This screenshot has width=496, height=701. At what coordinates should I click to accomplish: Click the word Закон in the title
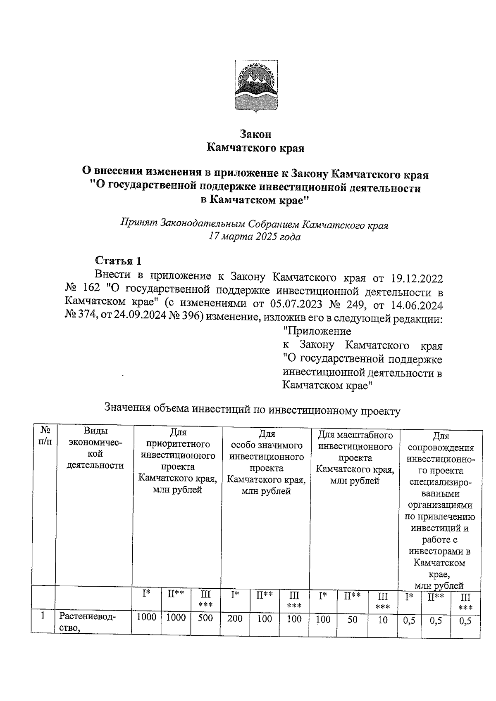point(256,134)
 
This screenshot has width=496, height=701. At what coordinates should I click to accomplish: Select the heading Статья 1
point(118,261)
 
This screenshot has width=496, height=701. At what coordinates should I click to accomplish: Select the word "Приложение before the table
point(317,331)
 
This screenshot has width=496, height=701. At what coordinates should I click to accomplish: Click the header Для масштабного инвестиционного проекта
point(355,458)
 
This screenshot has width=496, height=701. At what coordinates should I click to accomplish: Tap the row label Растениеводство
point(88,623)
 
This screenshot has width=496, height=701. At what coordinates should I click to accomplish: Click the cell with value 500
point(205,618)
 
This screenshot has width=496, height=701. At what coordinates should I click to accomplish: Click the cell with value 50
point(352,619)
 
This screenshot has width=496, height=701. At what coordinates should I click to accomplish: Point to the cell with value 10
point(383,620)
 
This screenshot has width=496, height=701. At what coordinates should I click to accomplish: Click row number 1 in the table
point(43,616)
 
